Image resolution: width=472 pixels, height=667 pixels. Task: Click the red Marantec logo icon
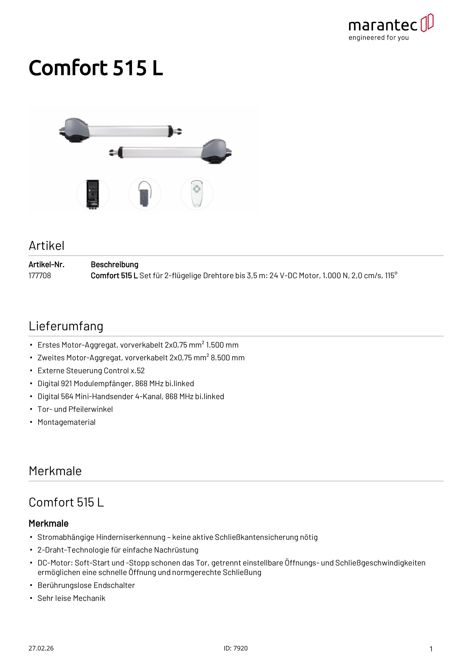click(427, 23)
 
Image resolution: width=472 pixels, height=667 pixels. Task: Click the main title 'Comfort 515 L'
click(96, 68)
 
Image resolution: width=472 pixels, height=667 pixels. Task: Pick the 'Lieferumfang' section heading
click(66, 326)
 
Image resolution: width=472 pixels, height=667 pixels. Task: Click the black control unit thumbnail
click(92, 194)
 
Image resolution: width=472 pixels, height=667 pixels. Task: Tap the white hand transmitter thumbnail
click(197, 194)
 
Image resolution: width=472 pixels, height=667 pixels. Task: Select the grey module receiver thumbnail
click(144, 194)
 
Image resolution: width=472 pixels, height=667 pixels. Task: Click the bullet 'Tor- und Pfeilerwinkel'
click(75, 409)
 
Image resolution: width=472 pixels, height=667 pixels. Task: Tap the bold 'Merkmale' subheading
click(49, 523)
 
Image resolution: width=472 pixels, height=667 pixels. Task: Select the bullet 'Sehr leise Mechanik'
click(71, 598)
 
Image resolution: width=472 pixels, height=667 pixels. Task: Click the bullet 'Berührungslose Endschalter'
click(86, 585)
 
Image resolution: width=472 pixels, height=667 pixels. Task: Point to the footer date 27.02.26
click(41, 648)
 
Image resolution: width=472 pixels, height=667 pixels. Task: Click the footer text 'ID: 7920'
click(236, 648)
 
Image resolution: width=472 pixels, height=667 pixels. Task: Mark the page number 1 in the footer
click(431, 649)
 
